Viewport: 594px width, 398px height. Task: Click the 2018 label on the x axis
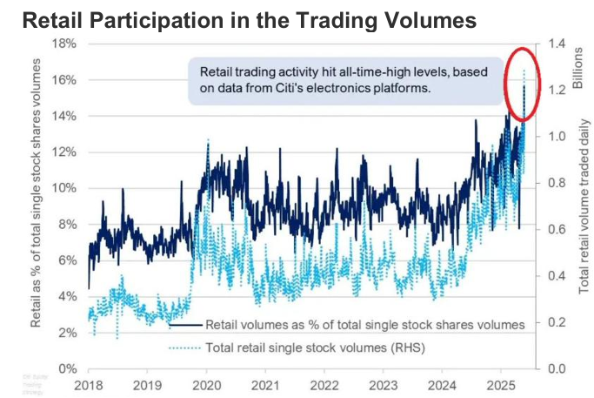tap(89, 384)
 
